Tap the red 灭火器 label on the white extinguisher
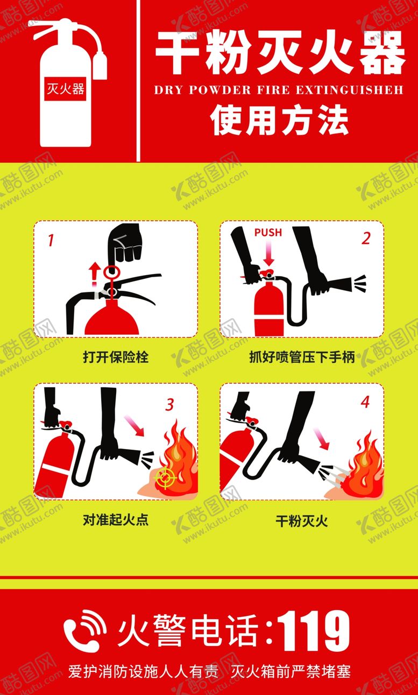coord(66,88)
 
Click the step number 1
coord(51,239)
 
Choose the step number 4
coord(366,402)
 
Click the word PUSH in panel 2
coord(267,233)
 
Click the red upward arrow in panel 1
coord(95,272)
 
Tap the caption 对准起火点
coord(116,520)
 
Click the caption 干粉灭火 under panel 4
coord(302,520)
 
